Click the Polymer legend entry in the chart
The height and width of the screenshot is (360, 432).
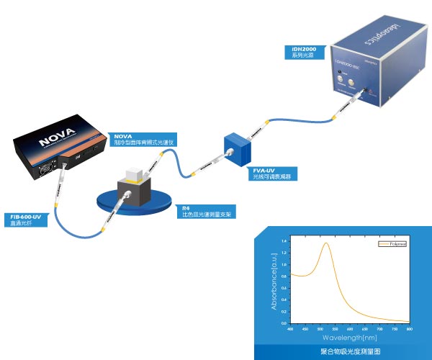tap(392, 244)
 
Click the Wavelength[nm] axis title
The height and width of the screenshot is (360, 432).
tap(348, 336)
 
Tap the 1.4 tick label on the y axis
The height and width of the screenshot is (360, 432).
tap(284, 240)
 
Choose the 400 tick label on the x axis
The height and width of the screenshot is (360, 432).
tap(289, 328)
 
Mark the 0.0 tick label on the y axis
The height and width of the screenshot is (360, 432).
tap(284, 323)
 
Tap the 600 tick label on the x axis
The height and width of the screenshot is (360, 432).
tap(349, 328)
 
